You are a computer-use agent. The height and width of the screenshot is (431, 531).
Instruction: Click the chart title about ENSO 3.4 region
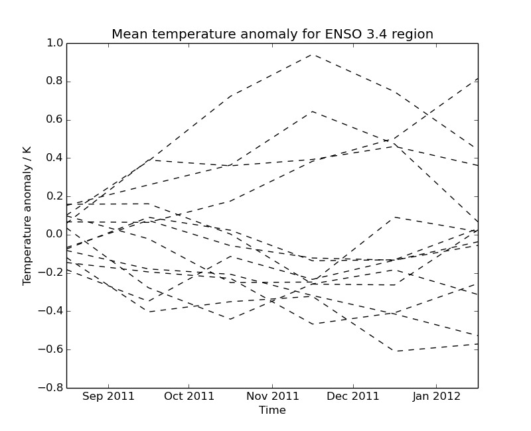[x=272, y=34]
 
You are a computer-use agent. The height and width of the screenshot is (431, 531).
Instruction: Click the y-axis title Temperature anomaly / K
[x=27, y=215]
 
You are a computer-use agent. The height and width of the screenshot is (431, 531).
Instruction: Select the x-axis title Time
[x=272, y=410]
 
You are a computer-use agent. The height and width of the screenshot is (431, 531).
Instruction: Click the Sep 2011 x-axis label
[x=108, y=397]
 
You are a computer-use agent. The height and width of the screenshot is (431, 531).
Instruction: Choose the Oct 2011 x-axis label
[x=189, y=397]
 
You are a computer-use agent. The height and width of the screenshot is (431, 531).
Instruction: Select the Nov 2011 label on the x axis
[x=272, y=397]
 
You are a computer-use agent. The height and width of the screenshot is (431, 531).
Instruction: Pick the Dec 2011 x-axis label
[x=352, y=397]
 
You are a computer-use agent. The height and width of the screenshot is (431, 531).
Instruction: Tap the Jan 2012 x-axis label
[x=435, y=397]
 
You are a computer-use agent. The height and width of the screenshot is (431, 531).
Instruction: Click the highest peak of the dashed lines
[x=313, y=54]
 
